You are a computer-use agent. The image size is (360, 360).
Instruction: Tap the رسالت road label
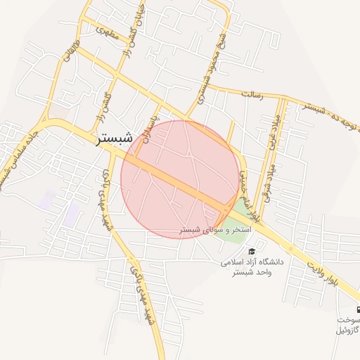251,94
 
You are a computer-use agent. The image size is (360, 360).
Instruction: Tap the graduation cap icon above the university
252,251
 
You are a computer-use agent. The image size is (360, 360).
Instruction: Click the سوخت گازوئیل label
347,324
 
